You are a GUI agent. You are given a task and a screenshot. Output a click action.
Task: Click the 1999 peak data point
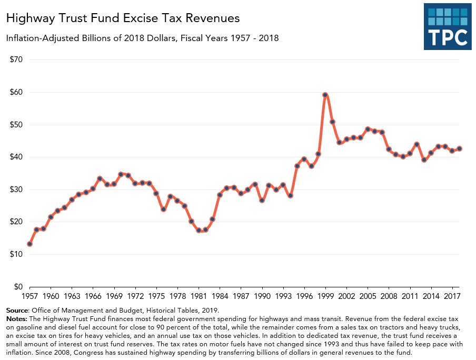click(x=325, y=95)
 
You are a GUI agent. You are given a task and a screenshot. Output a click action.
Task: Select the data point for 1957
click(x=29, y=244)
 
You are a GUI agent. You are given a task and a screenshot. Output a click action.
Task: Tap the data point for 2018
click(x=459, y=148)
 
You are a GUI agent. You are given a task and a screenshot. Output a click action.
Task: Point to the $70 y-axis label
click(x=16, y=59)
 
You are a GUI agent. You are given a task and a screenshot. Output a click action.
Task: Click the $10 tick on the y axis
click(x=16, y=254)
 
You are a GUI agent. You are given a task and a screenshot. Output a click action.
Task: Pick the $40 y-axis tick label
click(x=16, y=157)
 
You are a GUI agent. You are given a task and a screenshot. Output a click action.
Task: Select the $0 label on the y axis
click(x=18, y=287)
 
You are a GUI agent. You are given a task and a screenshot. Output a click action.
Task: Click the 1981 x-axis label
click(x=199, y=297)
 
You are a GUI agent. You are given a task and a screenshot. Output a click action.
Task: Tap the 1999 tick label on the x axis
click(x=325, y=297)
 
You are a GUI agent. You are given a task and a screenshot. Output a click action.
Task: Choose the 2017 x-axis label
click(x=452, y=297)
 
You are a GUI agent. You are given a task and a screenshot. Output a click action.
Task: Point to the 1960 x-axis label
click(x=51, y=297)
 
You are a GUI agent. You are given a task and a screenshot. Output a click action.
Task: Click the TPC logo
click(x=447, y=26)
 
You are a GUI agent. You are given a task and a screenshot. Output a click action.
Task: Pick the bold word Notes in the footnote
click(x=17, y=319)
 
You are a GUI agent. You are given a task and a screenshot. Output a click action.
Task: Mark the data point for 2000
click(x=332, y=122)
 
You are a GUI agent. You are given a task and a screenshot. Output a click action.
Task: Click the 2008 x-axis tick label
click(x=389, y=297)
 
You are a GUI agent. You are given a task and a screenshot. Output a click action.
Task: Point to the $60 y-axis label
click(x=16, y=92)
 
